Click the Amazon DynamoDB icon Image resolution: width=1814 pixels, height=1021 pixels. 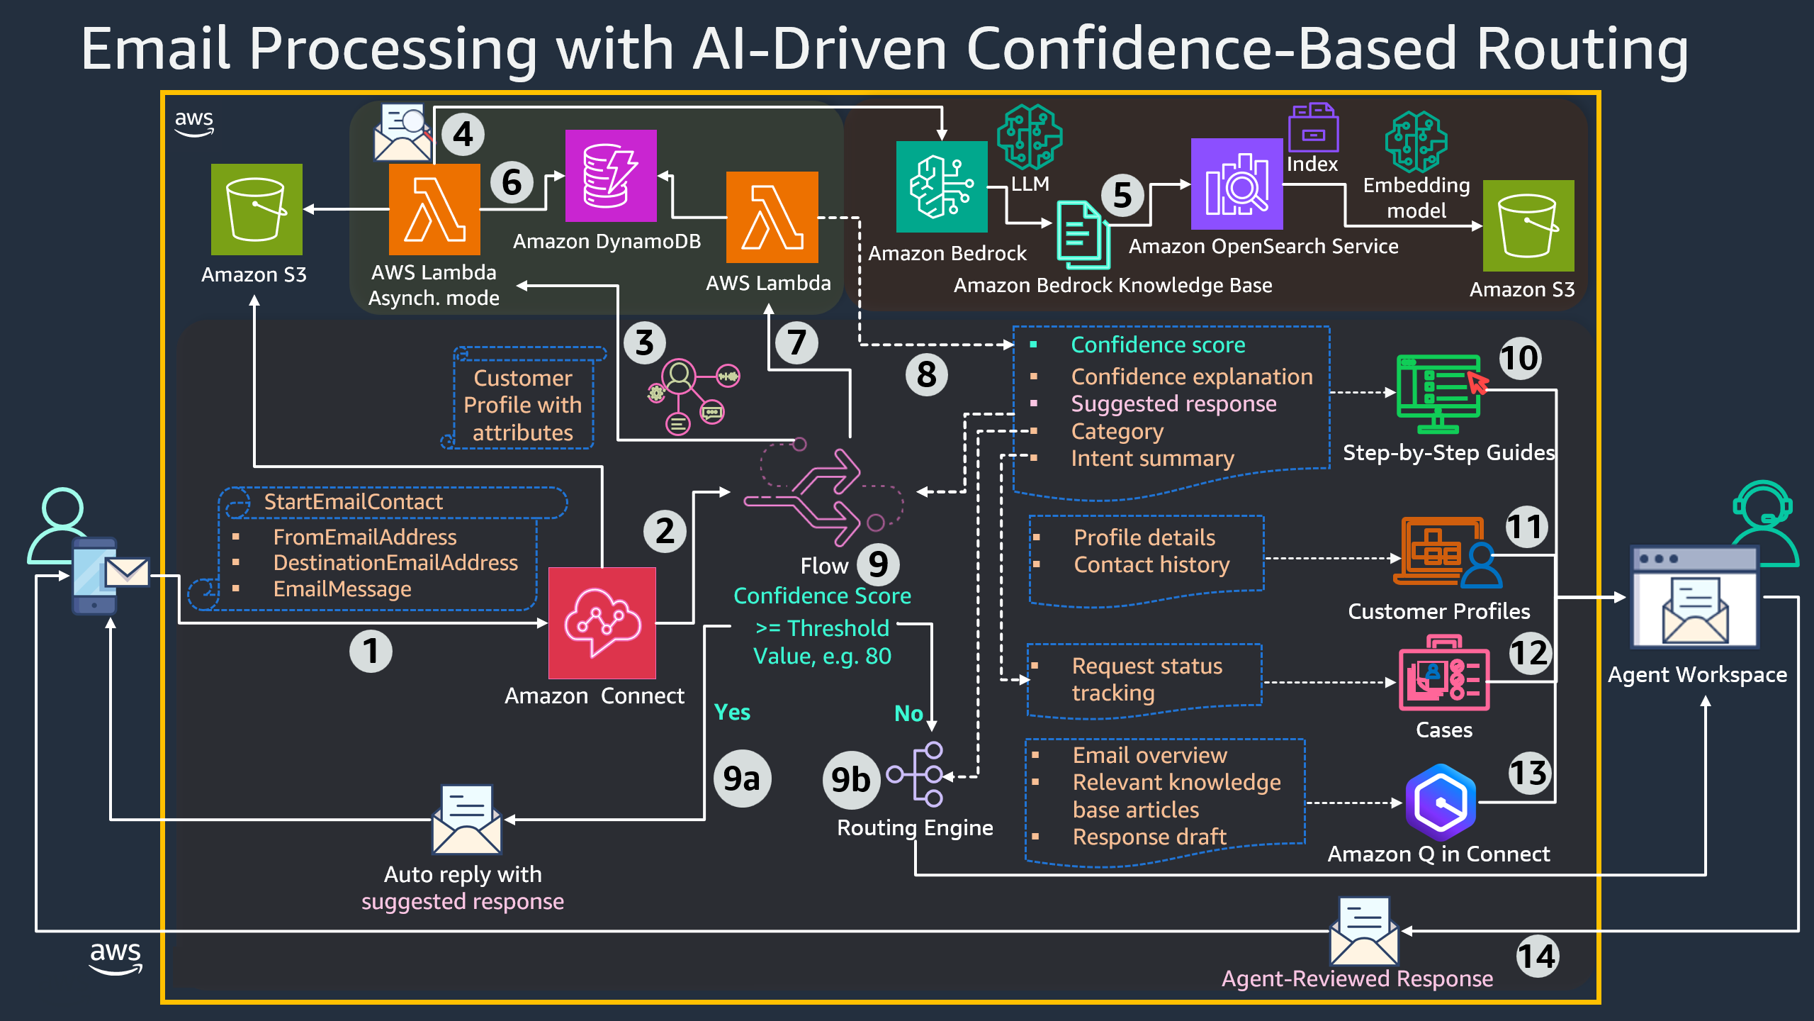(x=610, y=176)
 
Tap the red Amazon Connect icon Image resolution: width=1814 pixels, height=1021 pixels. (x=602, y=623)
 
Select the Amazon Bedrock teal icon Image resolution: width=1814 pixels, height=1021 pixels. (x=941, y=186)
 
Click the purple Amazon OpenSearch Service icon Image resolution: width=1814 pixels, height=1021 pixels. (x=1236, y=184)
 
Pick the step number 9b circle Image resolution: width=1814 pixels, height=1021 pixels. (x=850, y=780)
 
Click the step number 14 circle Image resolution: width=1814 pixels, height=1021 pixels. (x=1536, y=956)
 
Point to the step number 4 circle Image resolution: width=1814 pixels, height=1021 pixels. (x=463, y=134)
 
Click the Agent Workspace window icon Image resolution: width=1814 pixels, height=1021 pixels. (x=1694, y=598)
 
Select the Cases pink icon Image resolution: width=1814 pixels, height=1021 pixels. (x=1443, y=674)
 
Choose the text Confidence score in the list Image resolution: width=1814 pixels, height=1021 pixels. (x=1157, y=345)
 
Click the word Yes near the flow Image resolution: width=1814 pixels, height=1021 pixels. (x=731, y=712)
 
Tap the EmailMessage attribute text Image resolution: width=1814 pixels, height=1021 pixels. (x=342, y=588)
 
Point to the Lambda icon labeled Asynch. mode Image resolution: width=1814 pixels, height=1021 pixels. (x=434, y=209)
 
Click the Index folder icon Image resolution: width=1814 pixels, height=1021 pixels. (x=1313, y=128)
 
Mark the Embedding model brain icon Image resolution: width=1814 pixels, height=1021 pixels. (x=1415, y=141)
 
